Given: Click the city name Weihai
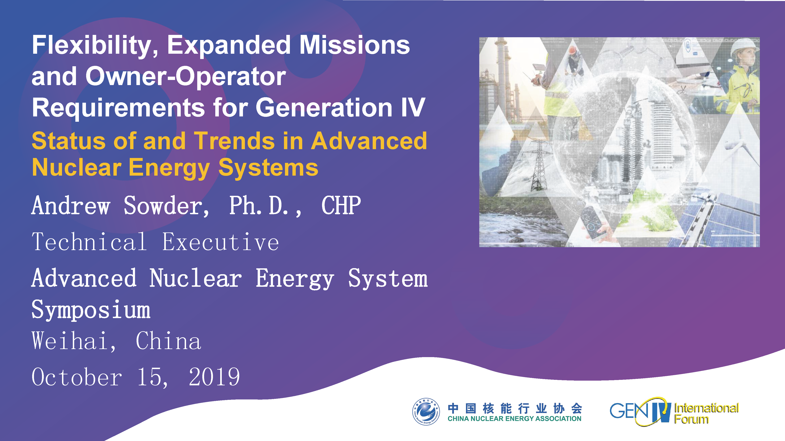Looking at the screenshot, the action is [x=73, y=341].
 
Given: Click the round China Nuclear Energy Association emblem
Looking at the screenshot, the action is [x=426, y=411].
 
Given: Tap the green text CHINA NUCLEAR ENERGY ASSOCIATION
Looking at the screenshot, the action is [x=514, y=419].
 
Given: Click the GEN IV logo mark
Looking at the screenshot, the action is [x=640, y=411].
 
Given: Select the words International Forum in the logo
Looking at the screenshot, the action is [x=706, y=413].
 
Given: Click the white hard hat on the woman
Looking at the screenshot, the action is [x=744, y=46].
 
